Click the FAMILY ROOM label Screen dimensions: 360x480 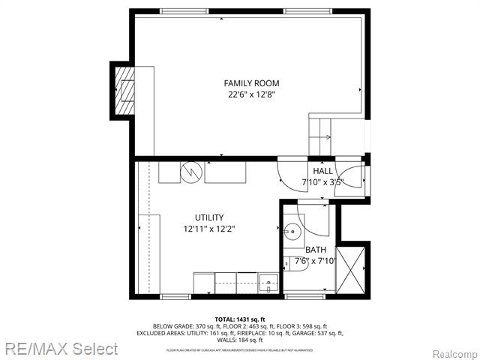coord(252,82)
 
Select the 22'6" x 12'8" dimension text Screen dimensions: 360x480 coord(252,94)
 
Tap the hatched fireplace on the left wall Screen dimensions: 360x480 coord(125,88)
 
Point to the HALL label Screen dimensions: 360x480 coord(322,171)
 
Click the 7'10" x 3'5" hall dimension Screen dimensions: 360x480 coord(322,182)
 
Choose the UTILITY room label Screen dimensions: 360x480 coord(209,217)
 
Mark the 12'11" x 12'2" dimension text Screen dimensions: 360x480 coord(209,229)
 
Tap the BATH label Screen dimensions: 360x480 coord(316,250)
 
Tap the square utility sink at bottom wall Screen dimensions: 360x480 coord(269,284)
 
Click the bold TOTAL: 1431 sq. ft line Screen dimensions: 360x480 coord(240,319)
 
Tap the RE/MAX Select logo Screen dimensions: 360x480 coord(59,349)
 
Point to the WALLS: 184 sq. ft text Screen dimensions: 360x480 coord(240,339)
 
